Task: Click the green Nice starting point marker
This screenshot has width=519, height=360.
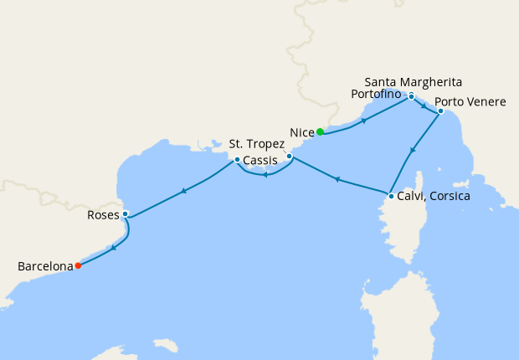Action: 320,131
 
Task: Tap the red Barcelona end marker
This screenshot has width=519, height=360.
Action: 78,266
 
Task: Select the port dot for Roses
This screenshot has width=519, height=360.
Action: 125,213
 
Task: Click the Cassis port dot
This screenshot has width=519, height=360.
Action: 237,160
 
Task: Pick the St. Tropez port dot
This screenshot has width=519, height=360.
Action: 289,157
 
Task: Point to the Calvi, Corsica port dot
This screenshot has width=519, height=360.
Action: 391,197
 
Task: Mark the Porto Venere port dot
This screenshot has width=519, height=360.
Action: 440,111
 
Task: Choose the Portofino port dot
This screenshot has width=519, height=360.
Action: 411,96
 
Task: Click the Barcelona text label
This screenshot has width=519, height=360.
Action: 45,267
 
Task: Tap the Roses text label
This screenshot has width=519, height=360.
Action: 103,215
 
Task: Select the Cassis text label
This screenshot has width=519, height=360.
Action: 260,160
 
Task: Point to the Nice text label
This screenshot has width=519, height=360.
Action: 301,132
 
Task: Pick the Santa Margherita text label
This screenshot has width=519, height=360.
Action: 414,81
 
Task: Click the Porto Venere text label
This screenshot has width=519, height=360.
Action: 470,102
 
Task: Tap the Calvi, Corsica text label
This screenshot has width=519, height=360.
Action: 434,196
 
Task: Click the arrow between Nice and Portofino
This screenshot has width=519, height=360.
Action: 363,121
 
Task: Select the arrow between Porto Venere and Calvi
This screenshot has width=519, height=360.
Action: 413,152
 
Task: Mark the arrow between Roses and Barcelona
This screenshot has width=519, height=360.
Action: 114,247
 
